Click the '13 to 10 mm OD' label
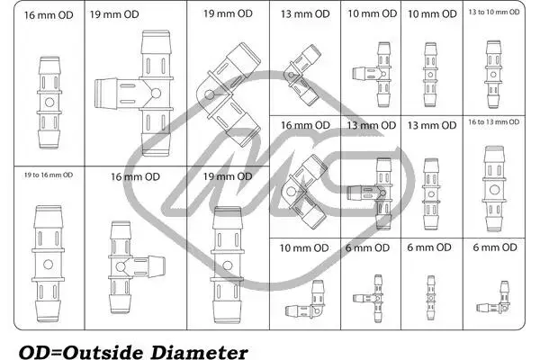pyautogui.click(x=494, y=12)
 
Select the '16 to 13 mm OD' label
pyautogui.click(x=494, y=122)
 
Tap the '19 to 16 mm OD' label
pyautogui.click(x=49, y=175)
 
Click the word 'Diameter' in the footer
pyautogui.click(x=200, y=353)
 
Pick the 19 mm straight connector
pyautogui.click(x=227, y=265)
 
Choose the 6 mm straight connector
pyautogui.click(x=430, y=298)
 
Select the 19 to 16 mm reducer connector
pyautogui.click(x=49, y=265)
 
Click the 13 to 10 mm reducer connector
pyautogui.click(x=493, y=75)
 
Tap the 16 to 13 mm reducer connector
pyautogui.click(x=494, y=189)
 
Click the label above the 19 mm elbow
pyautogui.click(x=228, y=13)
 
